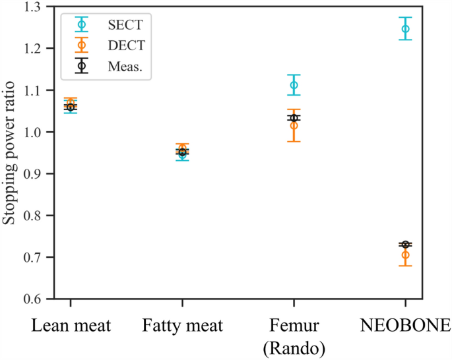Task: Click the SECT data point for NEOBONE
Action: [x=405, y=29]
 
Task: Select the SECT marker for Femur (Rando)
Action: [x=294, y=85]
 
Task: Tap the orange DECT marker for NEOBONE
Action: [x=405, y=255]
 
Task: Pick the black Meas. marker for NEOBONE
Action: [x=405, y=245]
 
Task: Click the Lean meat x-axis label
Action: [x=71, y=325]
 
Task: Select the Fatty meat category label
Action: [x=183, y=325]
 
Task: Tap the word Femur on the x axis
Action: [x=294, y=325]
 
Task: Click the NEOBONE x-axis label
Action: [x=405, y=325]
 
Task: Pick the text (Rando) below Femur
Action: [x=294, y=346]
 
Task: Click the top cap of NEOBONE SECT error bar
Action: [x=405, y=17]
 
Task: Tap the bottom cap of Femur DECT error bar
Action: [x=294, y=142]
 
